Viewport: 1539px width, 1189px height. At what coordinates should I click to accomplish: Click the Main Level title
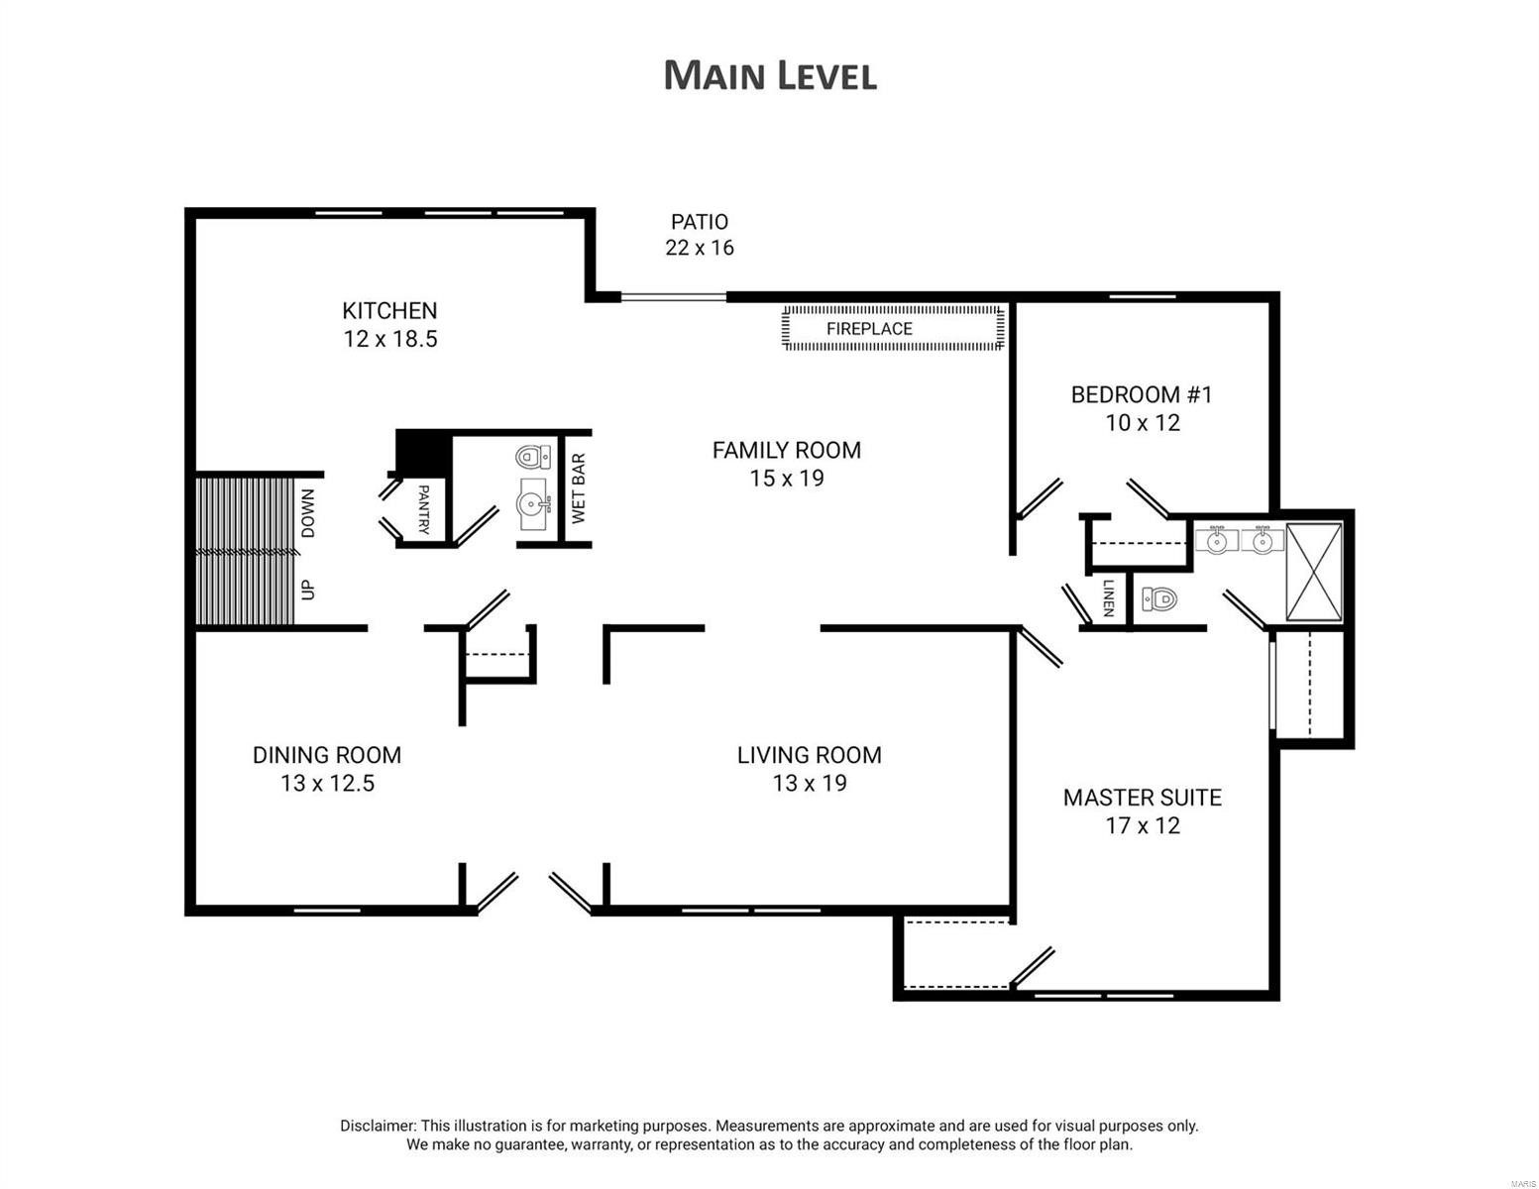pyautogui.click(x=770, y=75)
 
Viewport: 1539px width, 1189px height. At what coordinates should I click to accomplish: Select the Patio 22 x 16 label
pyautogui.click(x=700, y=235)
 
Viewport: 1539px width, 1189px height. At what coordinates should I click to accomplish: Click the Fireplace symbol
pyautogui.click(x=893, y=328)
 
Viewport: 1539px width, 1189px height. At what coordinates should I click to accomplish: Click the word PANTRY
pyautogui.click(x=424, y=509)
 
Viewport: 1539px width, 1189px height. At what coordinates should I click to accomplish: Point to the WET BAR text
pyautogui.click(x=579, y=488)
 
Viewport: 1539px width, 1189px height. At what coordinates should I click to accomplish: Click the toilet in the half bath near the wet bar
pyautogui.click(x=533, y=458)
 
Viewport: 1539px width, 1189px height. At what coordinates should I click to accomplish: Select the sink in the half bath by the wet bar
pyautogui.click(x=534, y=504)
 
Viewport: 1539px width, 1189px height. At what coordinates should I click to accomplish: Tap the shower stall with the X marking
pyautogui.click(x=1314, y=573)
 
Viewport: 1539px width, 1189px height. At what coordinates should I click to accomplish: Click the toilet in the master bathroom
pyautogui.click(x=1158, y=598)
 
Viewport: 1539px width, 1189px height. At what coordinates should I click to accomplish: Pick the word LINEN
pyautogui.click(x=1108, y=597)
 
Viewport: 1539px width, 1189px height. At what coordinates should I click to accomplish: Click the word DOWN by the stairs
pyautogui.click(x=308, y=513)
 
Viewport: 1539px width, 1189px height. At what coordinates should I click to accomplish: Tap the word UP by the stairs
pyautogui.click(x=308, y=589)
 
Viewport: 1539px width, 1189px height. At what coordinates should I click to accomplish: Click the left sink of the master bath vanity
pyautogui.click(x=1216, y=541)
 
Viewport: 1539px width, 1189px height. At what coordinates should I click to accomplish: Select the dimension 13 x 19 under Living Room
pyautogui.click(x=809, y=784)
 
